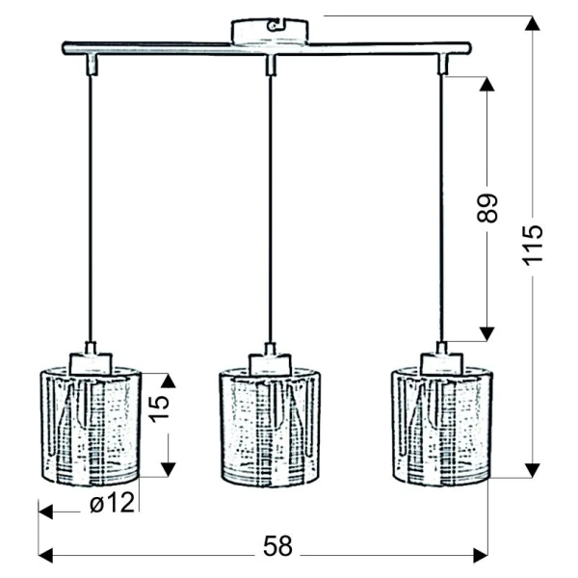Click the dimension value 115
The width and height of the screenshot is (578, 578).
tap(533, 245)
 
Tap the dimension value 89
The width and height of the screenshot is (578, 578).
tap(487, 208)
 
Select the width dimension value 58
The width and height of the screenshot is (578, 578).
tap(277, 546)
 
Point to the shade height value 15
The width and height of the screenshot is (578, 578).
tap(159, 408)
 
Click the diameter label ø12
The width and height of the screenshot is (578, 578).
tap(113, 503)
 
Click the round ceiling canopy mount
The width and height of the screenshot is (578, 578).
tap(270, 32)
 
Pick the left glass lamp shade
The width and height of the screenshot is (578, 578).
tap(91, 426)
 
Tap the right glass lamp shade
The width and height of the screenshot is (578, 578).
tap(441, 426)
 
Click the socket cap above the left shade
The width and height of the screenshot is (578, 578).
tap(91, 358)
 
